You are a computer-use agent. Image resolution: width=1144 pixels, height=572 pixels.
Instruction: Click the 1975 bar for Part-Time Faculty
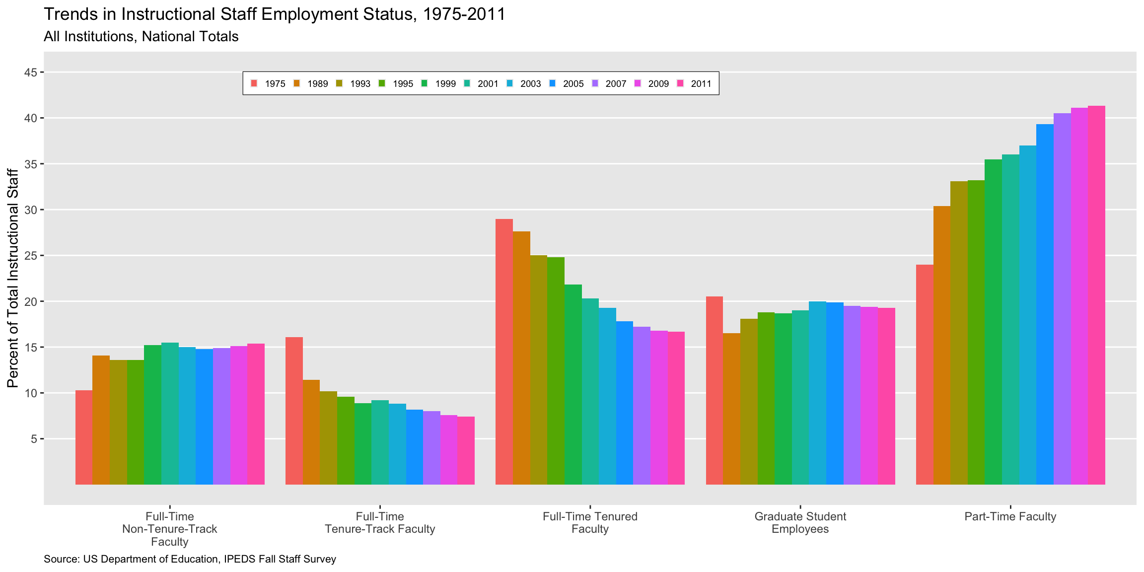[x=925, y=374]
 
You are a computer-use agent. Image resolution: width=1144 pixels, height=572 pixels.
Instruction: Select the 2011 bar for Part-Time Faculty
[x=1096, y=295]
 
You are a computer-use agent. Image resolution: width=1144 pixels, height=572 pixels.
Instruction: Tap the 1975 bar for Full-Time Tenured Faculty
[x=504, y=352]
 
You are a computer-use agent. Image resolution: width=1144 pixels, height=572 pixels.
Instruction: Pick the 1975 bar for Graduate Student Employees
[x=714, y=390]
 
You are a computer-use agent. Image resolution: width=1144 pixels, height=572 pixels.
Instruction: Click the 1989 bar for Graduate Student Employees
[x=731, y=409]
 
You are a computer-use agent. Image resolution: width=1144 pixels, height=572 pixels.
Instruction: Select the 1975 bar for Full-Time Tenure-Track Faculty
[x=294, y=411]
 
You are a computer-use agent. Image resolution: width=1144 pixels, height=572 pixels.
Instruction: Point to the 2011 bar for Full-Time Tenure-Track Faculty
[x=466, y=450]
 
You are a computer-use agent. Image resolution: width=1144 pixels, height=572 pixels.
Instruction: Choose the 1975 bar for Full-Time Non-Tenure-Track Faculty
[x=84, y=437]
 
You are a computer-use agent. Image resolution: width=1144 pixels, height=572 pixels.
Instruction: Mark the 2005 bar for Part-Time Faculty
[x=1045, y=304]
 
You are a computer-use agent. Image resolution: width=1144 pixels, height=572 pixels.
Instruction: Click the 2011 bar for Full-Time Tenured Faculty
[x=676, y=408]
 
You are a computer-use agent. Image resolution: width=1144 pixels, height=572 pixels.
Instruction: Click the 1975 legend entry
[x=268, y=83]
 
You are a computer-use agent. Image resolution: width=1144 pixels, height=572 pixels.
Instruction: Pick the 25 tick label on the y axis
[x=31, y=256]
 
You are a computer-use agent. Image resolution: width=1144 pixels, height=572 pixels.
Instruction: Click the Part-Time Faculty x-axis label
[x=1010, y=516]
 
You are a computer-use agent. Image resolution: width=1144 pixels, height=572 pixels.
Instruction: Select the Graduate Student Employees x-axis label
[x=800, y=522]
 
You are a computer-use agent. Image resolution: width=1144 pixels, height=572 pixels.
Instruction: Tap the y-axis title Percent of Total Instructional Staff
[x=13, y=278]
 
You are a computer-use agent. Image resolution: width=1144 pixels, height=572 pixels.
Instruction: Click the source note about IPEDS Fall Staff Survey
[x=190, y=559]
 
